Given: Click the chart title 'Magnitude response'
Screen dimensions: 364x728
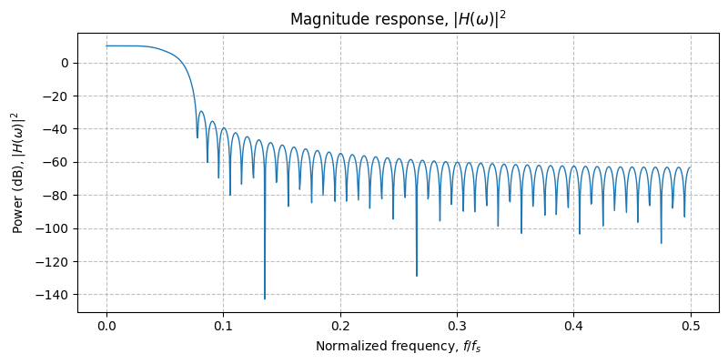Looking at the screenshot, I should click(398, 19).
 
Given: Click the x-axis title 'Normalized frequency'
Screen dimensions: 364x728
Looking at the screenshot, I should click(398, 346).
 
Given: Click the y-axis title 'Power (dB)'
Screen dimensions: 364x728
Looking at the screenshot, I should click(16, 172).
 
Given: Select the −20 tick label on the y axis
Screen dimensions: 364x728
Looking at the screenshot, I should click(58, 96).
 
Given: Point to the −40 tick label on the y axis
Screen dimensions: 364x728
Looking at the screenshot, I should click(58, 129).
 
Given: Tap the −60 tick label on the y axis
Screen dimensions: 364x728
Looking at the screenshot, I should click(58, 162).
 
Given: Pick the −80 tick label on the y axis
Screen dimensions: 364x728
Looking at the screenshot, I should click(58, 196).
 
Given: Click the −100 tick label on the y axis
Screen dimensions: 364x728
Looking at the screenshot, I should click(56, 228).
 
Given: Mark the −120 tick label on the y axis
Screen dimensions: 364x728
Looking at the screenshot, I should click(56, 261).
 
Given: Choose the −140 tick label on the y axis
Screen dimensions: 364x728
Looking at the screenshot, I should click(56, 295).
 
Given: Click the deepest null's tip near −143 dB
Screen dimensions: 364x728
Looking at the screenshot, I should click(265, 298).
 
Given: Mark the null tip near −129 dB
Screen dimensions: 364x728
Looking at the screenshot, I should click(417, 276).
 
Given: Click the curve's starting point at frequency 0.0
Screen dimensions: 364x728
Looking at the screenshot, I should click(106, 45).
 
